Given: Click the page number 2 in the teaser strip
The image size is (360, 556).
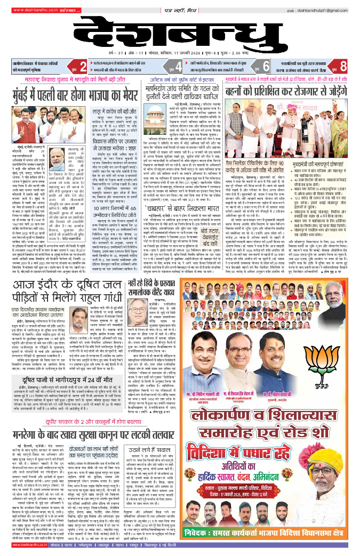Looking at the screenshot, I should click(83, 66).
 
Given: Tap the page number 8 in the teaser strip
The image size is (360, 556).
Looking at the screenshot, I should click(343, 66).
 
